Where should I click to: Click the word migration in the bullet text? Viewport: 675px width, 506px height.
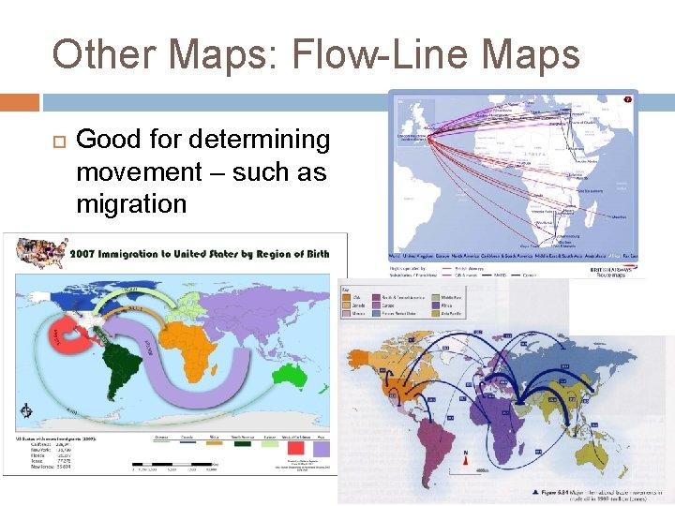pos(131,203)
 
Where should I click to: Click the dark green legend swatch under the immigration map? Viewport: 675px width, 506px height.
pos(236,443)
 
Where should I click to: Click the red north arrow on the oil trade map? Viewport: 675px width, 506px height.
pos(464,457)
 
